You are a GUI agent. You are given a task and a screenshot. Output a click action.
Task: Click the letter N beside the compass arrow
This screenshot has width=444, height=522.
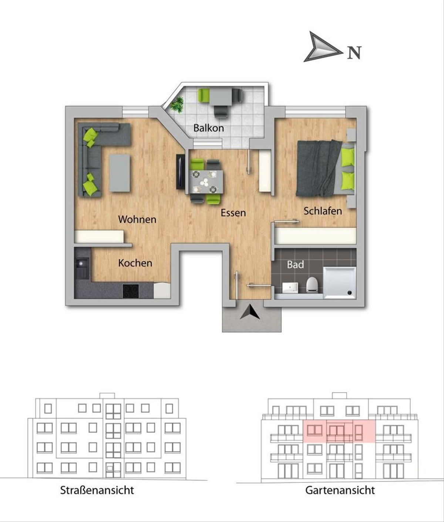354,53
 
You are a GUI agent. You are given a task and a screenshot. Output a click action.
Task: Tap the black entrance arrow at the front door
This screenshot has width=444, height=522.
250,312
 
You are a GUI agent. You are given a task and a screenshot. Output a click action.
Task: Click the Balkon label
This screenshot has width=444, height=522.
209,128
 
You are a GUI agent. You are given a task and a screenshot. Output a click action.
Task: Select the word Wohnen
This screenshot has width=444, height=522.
137,219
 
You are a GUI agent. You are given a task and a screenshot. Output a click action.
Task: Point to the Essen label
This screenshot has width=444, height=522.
233,213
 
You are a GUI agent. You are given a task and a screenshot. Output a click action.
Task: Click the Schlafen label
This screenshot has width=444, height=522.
323,211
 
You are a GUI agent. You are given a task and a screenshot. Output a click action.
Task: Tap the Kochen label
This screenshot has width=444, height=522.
135,263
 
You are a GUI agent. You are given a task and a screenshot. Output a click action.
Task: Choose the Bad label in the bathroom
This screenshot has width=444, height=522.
295,265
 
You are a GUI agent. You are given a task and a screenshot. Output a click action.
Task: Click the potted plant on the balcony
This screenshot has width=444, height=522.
177,105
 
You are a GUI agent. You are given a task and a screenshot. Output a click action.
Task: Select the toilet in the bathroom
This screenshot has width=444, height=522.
312,285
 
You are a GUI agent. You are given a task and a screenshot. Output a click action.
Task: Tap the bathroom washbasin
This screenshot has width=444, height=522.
290,287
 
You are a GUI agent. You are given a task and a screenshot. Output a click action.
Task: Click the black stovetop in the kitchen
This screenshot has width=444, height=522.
131,291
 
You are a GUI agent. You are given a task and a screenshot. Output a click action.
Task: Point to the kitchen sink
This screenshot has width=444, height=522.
82,268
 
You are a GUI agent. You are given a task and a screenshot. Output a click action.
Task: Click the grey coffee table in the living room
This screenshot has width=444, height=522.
120,173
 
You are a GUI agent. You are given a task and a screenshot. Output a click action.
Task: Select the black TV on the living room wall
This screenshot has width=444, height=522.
180,172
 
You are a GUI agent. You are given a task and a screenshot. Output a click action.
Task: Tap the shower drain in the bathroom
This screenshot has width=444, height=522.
349,293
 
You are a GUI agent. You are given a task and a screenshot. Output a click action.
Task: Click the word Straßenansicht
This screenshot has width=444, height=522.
97,490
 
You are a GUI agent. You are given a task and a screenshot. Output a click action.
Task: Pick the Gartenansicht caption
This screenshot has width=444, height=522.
340,490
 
